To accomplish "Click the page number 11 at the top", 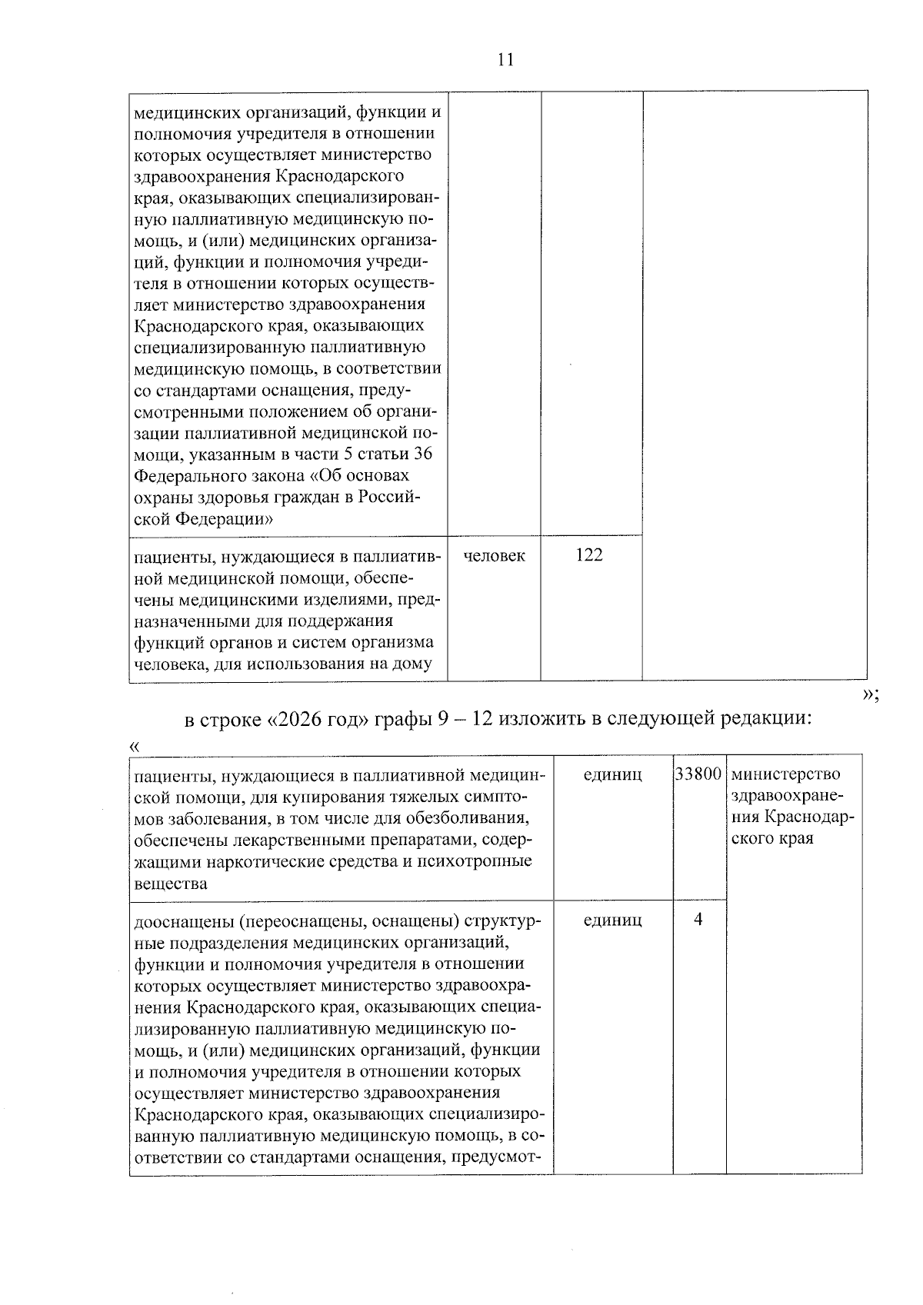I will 505,60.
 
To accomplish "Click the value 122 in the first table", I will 589,555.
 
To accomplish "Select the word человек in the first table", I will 494,555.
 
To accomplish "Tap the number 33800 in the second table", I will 699,774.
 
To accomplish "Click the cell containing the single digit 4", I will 698,920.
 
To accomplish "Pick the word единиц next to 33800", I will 613,774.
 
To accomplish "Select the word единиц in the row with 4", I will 613,920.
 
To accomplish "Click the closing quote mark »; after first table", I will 871,694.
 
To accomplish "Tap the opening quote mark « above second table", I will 135,745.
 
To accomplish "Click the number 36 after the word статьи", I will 422,454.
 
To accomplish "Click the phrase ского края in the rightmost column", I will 771,839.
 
